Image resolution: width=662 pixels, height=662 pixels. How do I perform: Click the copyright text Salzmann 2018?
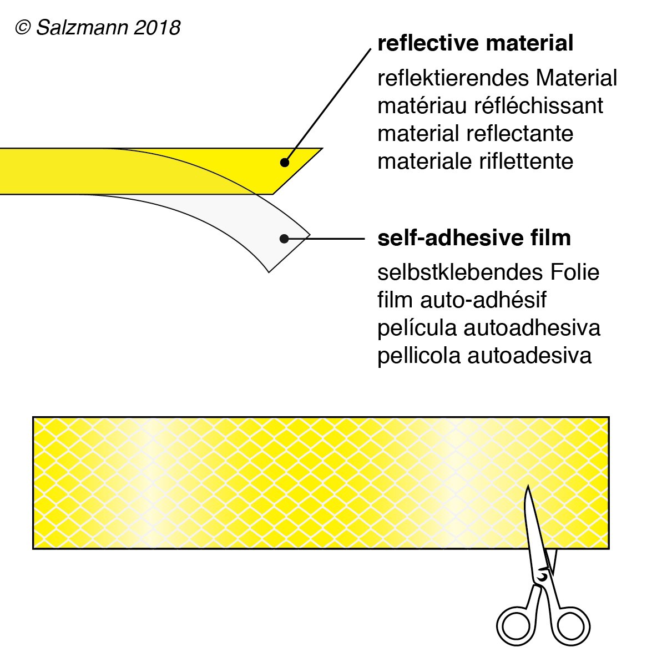click(98, 27)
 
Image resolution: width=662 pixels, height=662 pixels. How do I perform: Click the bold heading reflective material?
click(475, 43)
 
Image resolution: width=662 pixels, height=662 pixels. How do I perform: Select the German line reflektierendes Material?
click(497, 78)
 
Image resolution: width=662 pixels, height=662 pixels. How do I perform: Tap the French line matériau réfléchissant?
click(490, 105)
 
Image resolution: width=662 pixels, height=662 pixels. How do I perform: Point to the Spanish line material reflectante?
click(475, 134)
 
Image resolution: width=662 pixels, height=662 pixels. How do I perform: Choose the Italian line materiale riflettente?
click(475, 161)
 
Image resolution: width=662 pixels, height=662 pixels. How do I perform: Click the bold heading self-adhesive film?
click(474, 238)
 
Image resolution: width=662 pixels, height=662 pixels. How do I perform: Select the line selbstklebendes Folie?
click(488, 272)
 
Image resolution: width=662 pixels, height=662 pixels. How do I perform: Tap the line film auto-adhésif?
click(462, 300)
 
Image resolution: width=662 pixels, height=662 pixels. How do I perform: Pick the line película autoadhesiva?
click(488, 328)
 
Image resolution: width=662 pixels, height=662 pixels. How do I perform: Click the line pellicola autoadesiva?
click(484, 356)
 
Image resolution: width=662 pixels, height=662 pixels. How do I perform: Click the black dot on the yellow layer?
click(284, 163)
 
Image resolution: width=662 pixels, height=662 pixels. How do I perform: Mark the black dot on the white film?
click(284, 239)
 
